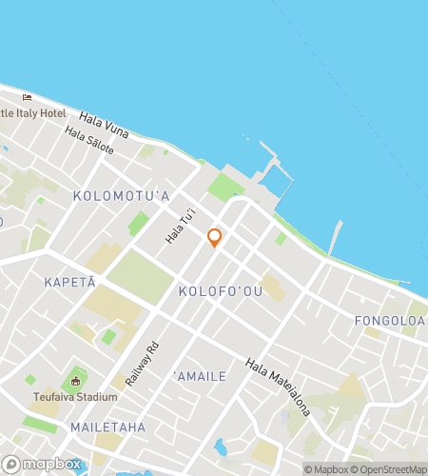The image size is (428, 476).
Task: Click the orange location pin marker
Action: [215, 237]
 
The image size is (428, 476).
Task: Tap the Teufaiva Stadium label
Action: [76, 397]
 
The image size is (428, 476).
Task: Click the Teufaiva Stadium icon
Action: [75, 382]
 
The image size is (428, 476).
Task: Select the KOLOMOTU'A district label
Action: [120, 196]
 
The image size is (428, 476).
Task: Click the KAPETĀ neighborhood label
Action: [70, 284]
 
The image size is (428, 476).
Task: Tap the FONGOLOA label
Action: [389, 321]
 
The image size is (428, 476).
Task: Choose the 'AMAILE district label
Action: [200, 376]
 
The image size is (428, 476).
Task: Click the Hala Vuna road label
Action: [104, 121]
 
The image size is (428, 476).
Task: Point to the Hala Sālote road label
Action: [90, 142]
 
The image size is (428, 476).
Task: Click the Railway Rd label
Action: [139, 364]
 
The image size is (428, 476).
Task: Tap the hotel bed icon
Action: [27, 97]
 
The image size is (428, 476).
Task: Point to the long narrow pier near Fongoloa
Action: [335, 238]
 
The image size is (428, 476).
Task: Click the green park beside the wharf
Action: [225, 185]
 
